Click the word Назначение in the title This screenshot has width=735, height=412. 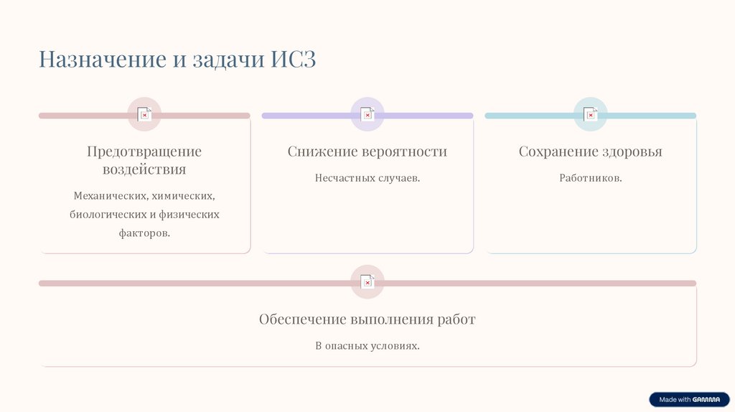click(x=103, y=59)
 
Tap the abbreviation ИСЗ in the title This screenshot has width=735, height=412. click(x=294, y=59)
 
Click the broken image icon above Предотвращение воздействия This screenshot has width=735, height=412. click(x=144, y=114)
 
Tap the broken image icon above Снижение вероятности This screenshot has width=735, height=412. click(x=367, y=114)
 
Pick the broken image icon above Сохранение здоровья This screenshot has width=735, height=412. click(x=590, y=114)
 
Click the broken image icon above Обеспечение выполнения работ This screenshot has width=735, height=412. click(x=367, y=282)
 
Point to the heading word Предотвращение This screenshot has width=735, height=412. click(x=144, y=151)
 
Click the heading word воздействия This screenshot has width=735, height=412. click(x=144, y=169)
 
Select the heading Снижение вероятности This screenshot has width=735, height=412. click(x=367, y=151)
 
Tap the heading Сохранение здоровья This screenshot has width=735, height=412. click(x=590, y=151)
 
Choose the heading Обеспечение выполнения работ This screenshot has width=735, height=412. click(x=367, y=319)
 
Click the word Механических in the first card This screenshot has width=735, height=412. click(x=110, y=196)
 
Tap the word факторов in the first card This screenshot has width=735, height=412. click(x=144, y=233)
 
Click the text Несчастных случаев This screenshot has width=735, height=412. click(x=367, y=177)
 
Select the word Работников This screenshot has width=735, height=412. click(x=590, y=177)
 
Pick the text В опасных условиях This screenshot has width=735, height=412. click(x=367, y=345)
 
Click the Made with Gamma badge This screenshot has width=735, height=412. click(x=689, y=400)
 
